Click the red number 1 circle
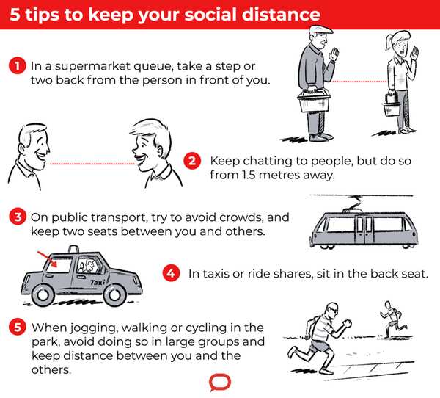pos(18,65)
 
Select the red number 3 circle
pos(18,217)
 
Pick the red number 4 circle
pos(170,273)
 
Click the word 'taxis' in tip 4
pos(218,273)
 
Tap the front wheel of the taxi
pos(115,294)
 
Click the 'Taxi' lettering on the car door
pos(95,281)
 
